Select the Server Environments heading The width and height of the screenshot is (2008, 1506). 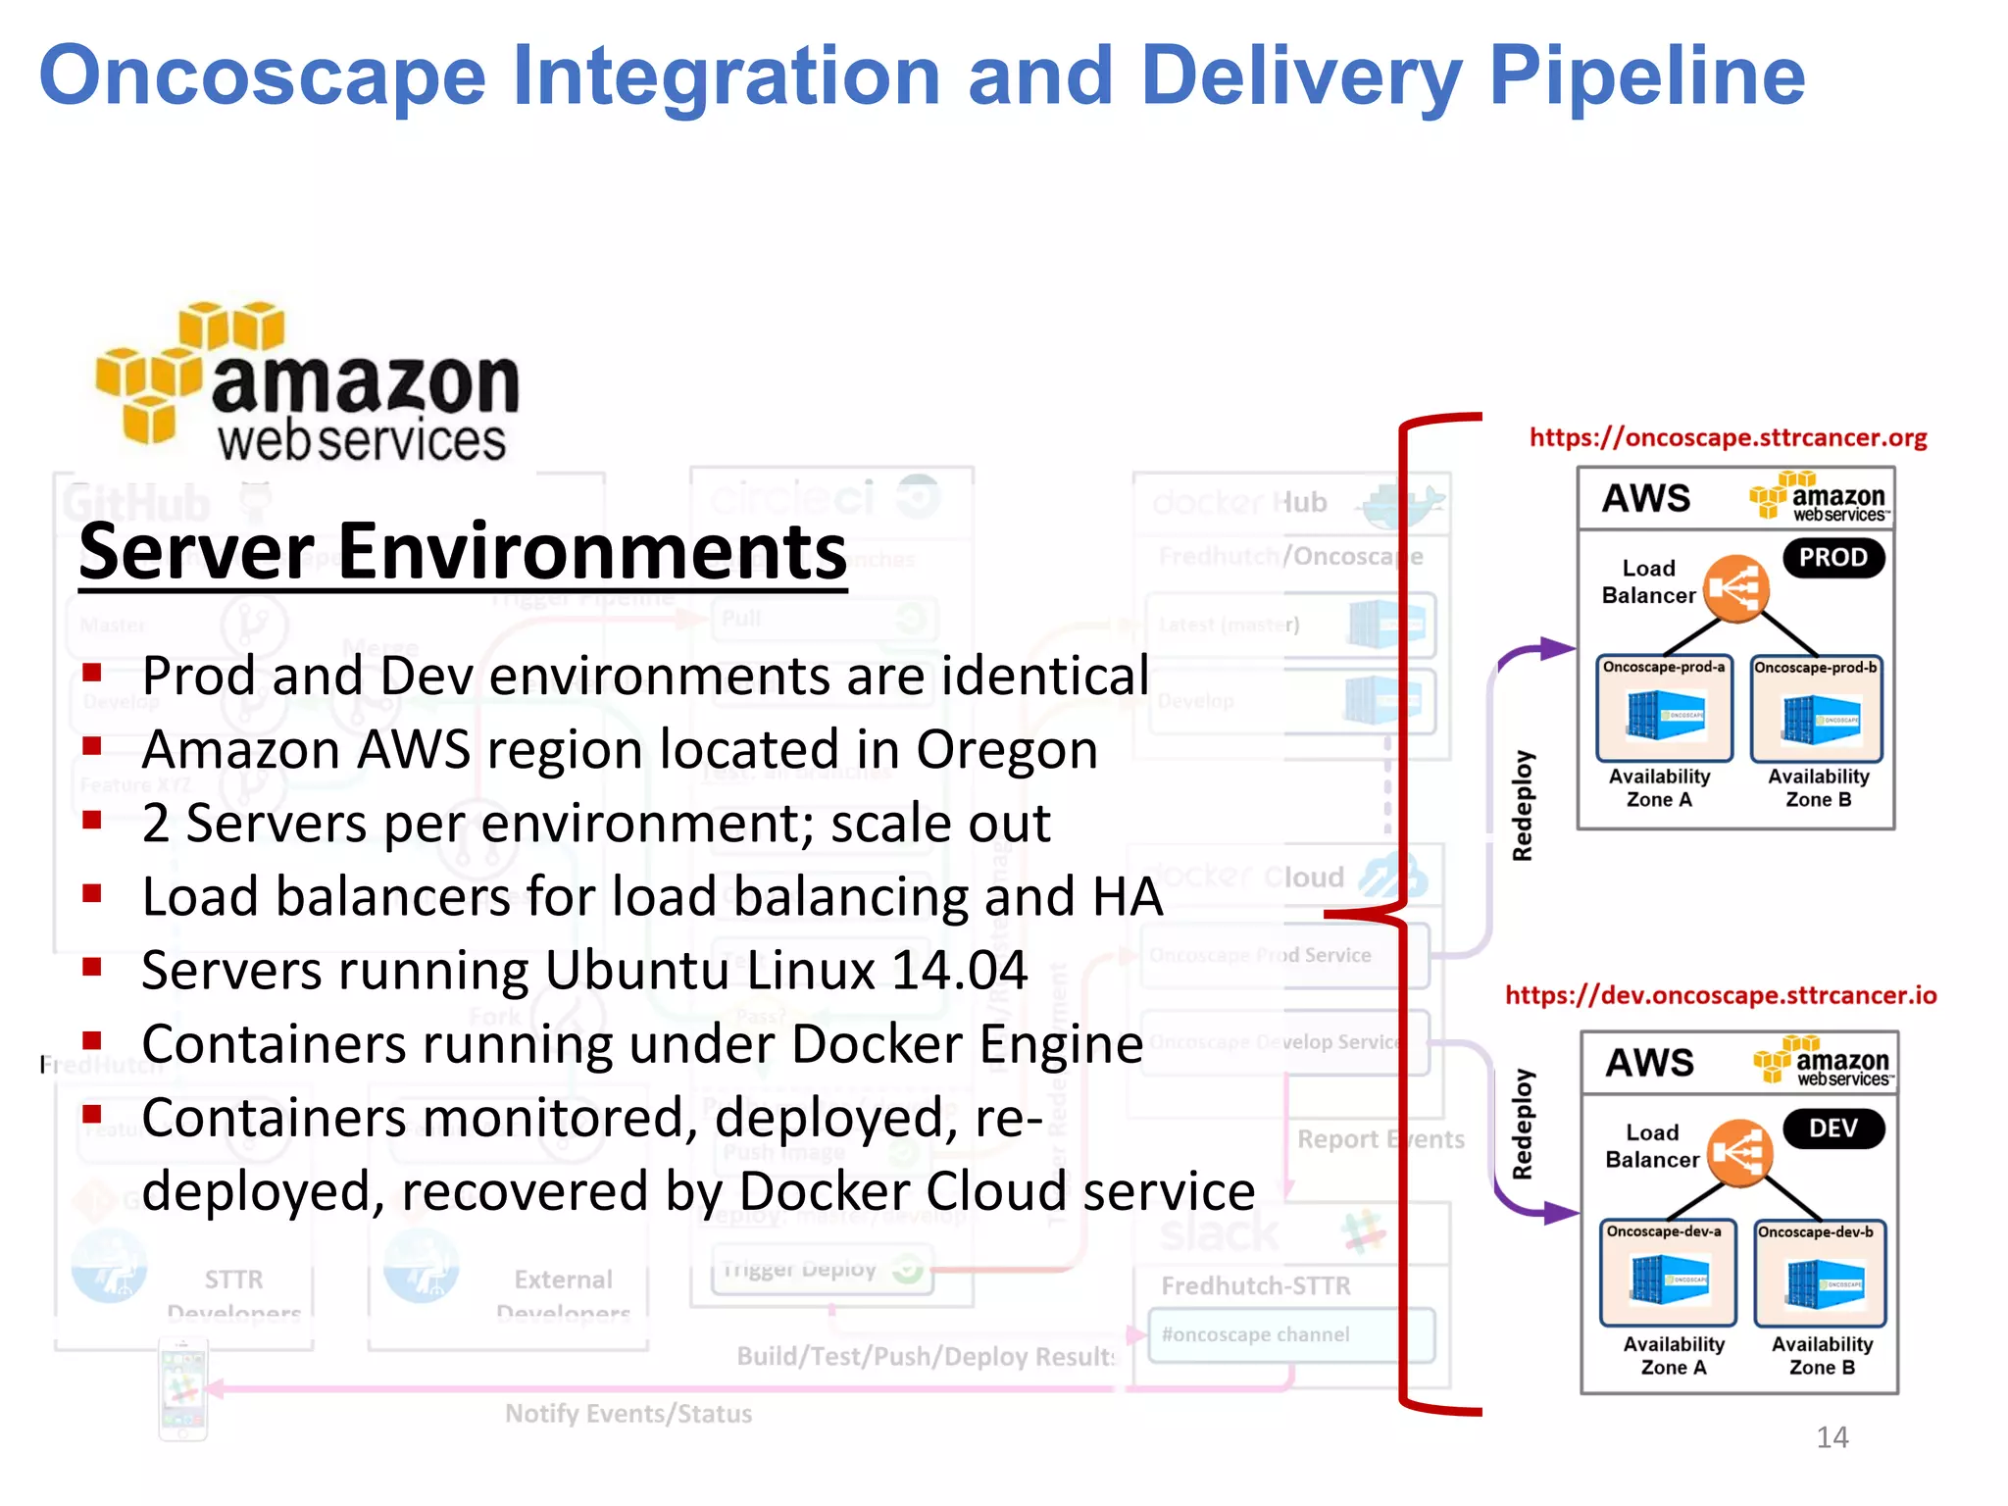pyautogui.click(x=463, y=553)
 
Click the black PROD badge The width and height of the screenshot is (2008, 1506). pyautogui.click(x=1832, y=558)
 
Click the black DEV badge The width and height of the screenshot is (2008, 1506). pyautogui.click(x=1832, y=1129)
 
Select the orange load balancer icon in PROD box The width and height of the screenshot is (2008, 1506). pyautogui.click(x=1736, y=588)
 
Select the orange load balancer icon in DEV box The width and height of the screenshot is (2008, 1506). pyautogui.click(x=1739, y=1152)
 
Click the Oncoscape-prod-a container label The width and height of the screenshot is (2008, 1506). pyautogui.click(x=1664, y=668)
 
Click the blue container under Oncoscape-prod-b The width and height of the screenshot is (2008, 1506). pyautogui.click(x=1819, y=719)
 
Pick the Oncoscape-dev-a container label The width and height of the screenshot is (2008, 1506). pyautogui.click(x=1664, y=1231)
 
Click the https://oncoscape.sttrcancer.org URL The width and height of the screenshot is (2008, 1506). pyautogui.click(x=1728, y=438)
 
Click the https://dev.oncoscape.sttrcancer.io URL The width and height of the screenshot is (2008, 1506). pyautogui.click(x=1721, y=996)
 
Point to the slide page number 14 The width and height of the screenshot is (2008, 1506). pyautogui.click(x=1832, y=1437)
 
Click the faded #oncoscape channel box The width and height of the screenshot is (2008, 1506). pyautogui.click(x=1290, y=1335)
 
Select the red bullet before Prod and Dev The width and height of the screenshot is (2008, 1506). pyautogui.click(x=93, y=673)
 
